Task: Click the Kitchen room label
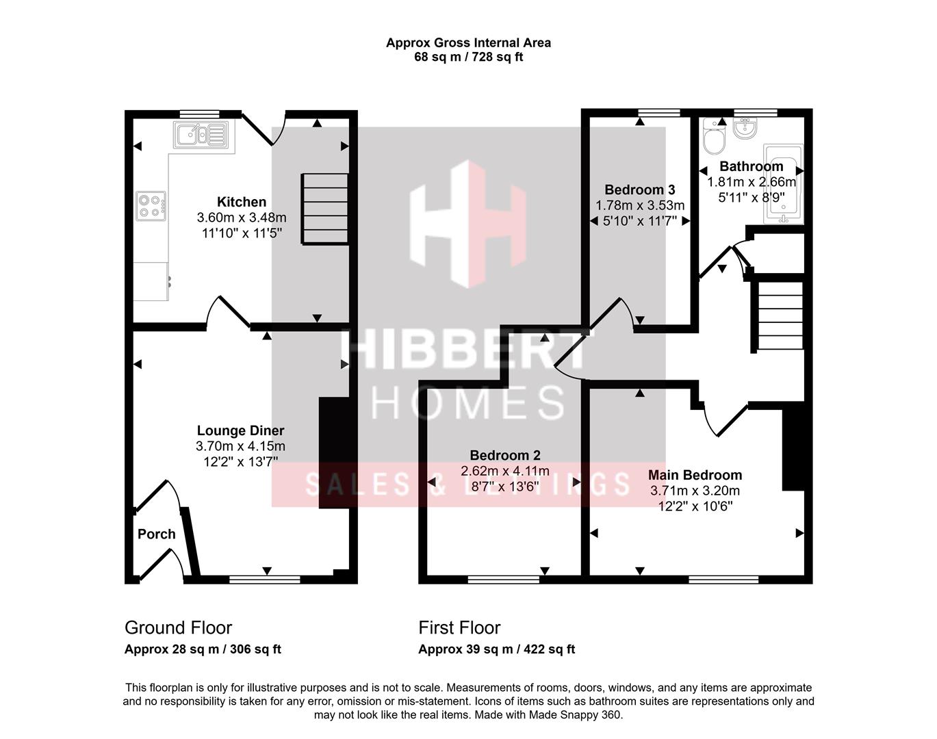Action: [x=241, y=202]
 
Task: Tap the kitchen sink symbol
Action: [x=201, y=135]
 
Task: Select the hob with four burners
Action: [x=151, y=205]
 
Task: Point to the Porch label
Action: [x=156, y=534]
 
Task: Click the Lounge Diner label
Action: [x=240, y=430]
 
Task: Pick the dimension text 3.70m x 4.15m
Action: [x=240, y=446]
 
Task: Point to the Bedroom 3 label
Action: [x=639, y=190]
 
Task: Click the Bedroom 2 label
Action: [x=504, y=455]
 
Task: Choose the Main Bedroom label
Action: [x=695, y=475]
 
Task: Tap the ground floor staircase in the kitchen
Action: [x=325, y=209]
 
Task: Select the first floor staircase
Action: [x=779, y=315]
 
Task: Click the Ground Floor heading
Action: [x=178, y=627]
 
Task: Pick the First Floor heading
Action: [x=459, y=627]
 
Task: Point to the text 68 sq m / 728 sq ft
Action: [x=468, y=57]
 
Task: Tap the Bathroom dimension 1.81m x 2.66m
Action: [x=751, y=182]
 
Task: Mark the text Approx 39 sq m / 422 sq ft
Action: [x=496, y=649]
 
